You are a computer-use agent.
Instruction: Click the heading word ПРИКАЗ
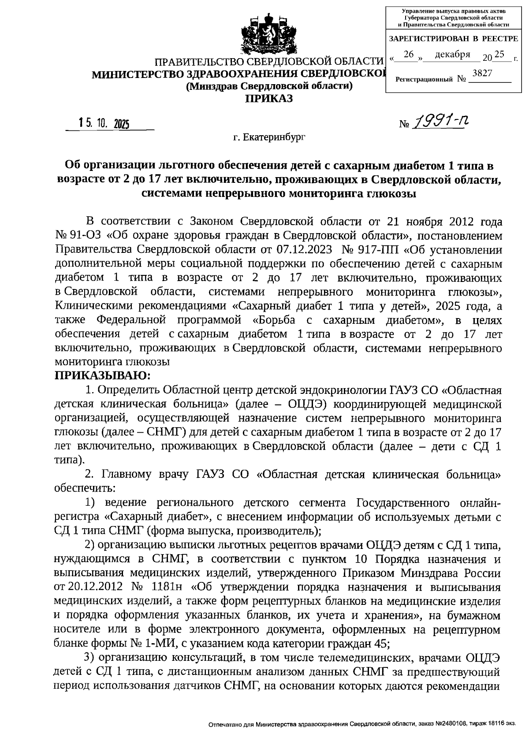[269, 98]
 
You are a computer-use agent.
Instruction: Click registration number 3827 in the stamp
[482, 73]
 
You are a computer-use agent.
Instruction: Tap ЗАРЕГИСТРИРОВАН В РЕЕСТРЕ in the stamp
[453, 39]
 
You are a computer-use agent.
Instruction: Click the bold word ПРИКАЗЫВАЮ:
[102, 375]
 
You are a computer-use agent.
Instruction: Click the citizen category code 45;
[381, 643]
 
